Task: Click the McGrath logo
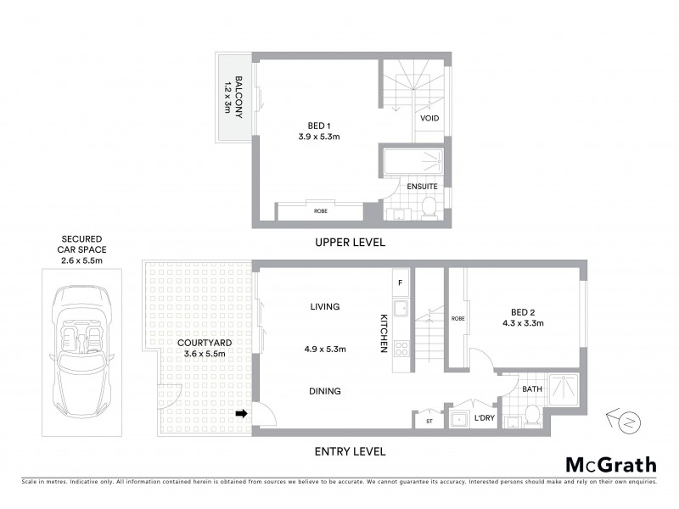point(610,464)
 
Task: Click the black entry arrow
point(244,414)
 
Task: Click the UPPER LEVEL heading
point(351,243)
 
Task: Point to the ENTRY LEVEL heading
point(351,451)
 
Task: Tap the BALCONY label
point(233,96)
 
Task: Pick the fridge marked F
point(401,280)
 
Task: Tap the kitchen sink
point(401,308)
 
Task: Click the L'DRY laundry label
point(485,418)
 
